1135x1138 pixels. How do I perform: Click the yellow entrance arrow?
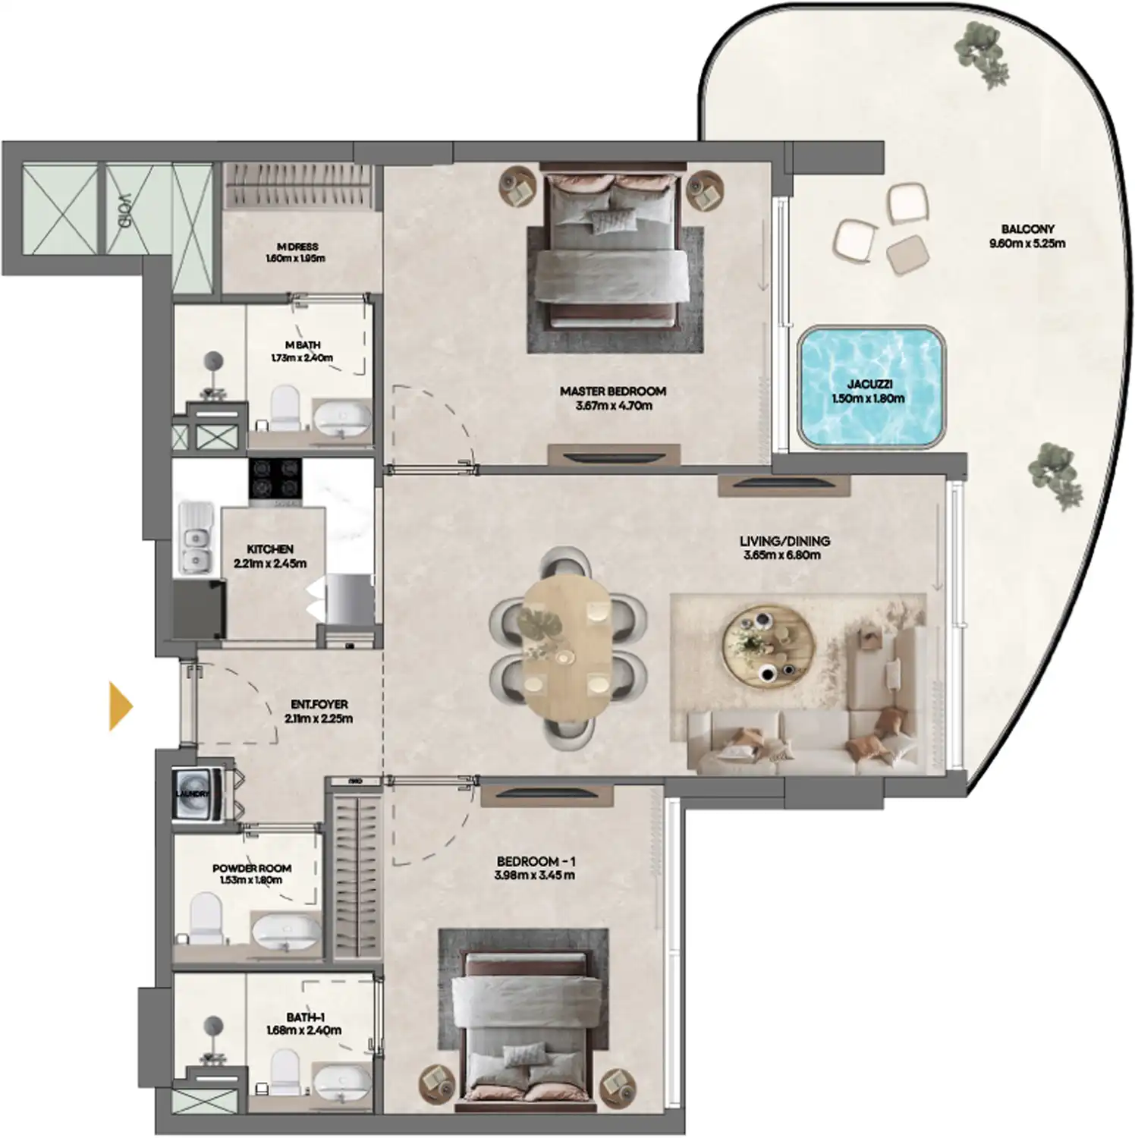coord(120,706)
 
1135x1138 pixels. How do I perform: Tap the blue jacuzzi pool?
coord(872,386)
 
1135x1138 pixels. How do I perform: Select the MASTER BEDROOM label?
coord(613,391)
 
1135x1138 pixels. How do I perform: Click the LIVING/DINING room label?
coord(784,541)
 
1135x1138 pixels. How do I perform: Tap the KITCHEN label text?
coord(270,549)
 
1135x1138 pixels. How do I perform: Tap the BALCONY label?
coord(1027,229)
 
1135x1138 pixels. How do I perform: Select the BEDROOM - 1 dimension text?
coord(536,876)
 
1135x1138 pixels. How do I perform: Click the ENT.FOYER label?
coord(319,705)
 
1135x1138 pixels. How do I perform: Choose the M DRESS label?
coord(297,247)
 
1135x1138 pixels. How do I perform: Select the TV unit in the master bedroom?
coord(614,455)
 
